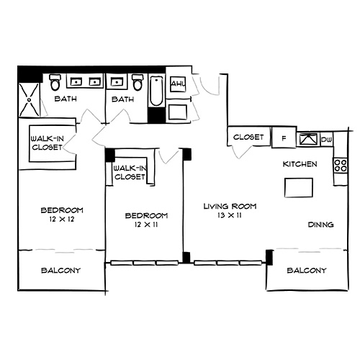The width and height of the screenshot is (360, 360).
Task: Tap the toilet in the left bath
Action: tap(55, 84)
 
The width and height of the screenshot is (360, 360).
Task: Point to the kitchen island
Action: tap(299, 188)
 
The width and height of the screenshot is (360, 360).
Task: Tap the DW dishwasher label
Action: tap(325, 138)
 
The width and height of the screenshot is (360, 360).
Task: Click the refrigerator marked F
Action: tap(284, 137)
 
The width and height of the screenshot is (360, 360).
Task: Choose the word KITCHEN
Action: tap(300, 164)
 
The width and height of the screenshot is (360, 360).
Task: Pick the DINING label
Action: tap(320, 225)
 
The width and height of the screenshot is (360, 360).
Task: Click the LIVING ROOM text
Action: tap(230, 206)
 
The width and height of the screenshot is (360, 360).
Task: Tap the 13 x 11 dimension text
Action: tap(230, 215)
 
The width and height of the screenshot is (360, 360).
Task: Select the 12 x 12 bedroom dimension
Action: tap(58, 220)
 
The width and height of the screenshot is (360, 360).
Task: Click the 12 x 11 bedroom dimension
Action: tap(145, 225)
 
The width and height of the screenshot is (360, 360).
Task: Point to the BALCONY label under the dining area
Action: tap(306, 271)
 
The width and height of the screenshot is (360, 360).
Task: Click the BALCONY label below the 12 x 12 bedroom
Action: tap(60, 271)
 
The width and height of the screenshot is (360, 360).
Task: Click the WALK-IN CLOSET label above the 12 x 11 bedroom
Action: tap(130, 172)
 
